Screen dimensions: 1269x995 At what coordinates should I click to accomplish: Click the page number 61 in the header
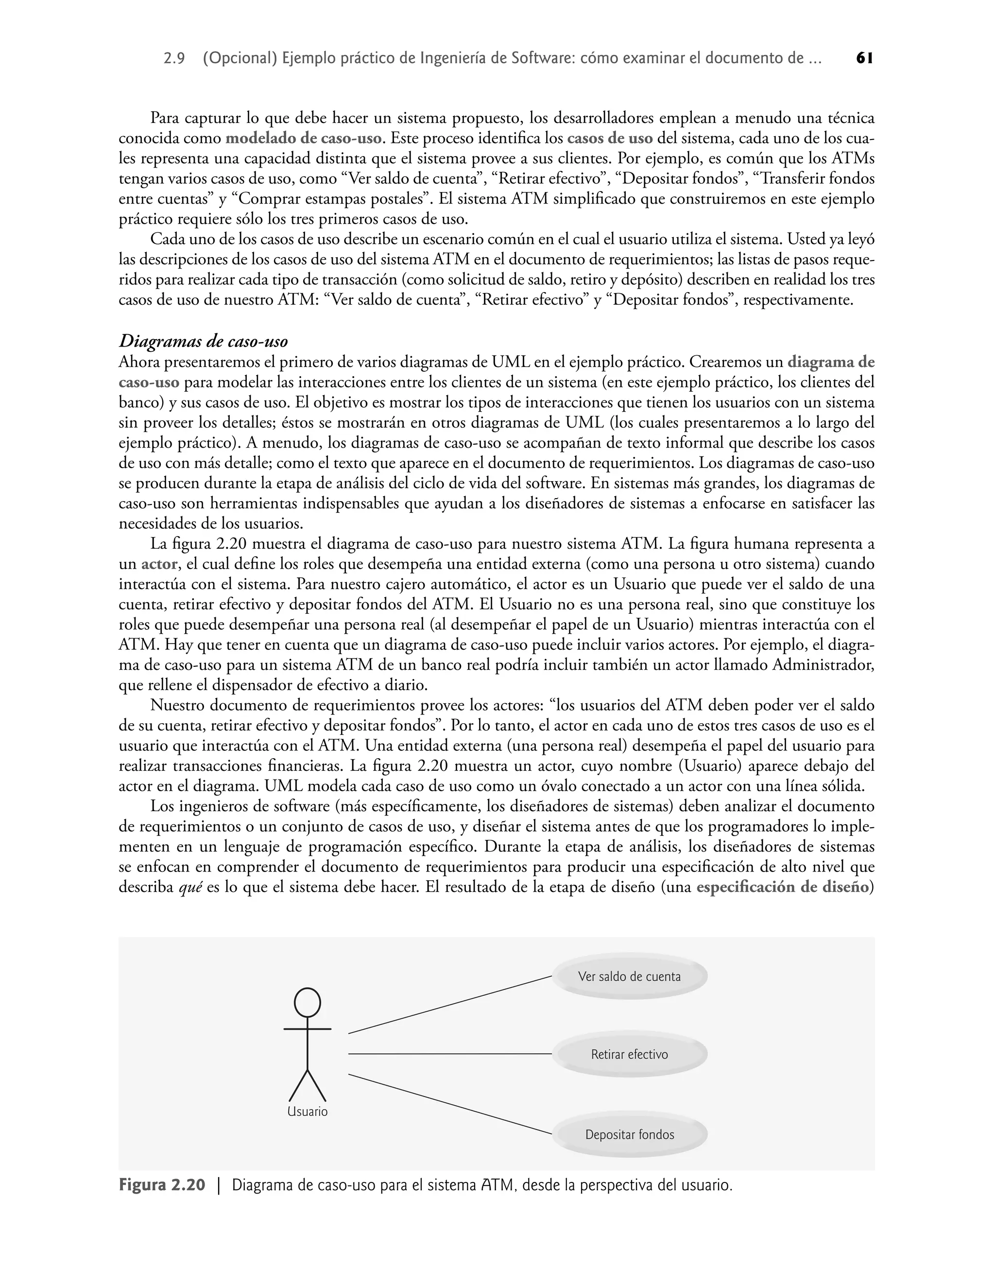[x=864, y=58]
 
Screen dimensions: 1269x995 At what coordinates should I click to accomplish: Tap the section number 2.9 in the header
[x=175, y=59]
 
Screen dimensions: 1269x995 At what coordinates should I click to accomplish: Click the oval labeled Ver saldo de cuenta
[x=629, y=976]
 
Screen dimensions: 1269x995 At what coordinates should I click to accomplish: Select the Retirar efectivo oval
[x=629, y=1054]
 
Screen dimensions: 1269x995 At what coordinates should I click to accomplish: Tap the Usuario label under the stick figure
[x=307, y=1111]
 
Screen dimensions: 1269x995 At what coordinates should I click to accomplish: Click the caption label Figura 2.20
[x=162, y=1185]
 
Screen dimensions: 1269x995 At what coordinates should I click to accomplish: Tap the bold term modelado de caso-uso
[x=304, y=139]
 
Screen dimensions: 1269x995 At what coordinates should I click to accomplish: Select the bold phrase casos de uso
[x=609, y=139]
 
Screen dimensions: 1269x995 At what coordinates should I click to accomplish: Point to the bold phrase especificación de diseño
[x=782, y=887]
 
